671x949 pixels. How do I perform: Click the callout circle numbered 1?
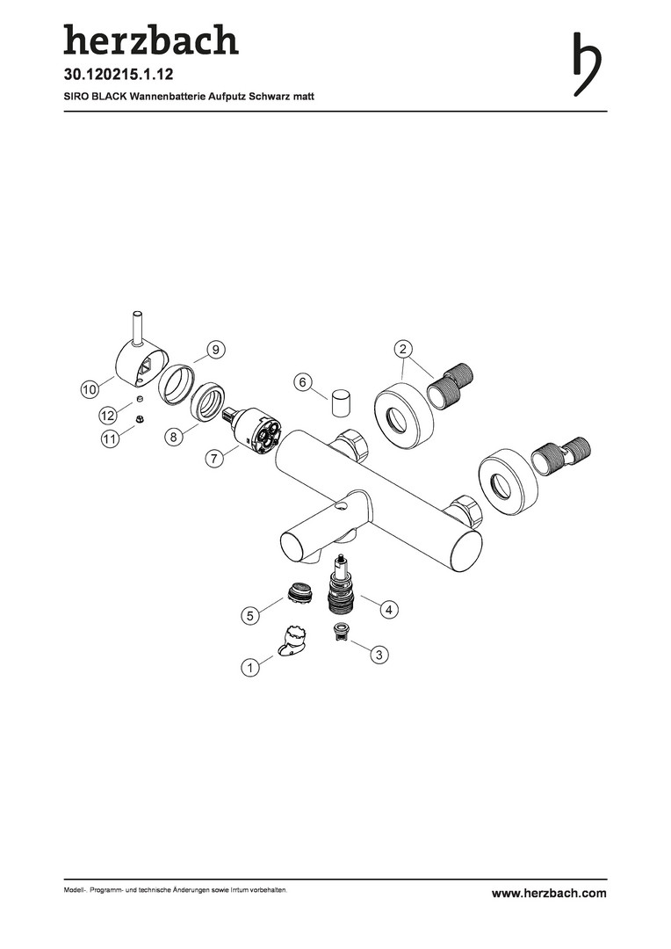(250, 668)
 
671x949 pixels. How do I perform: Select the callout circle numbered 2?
(403, 349)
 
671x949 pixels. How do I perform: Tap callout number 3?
(379, 655)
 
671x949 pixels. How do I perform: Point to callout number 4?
(389, 609)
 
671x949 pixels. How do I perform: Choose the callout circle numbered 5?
(250, 616)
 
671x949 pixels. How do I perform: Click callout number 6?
(303, 382)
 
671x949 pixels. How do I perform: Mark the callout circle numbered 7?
(213, 459)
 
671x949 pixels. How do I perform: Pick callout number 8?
(174, 437)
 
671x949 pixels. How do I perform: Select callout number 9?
(216, 349)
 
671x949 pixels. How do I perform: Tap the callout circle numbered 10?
(90, 389)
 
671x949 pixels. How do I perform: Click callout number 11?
(110, 438)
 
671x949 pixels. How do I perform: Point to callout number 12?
(108, 415)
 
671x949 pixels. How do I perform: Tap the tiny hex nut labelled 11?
(139, 419)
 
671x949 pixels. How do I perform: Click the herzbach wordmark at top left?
(151, 40)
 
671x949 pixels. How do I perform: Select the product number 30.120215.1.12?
(119, 75)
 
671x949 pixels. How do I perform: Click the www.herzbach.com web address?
(549, 893)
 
